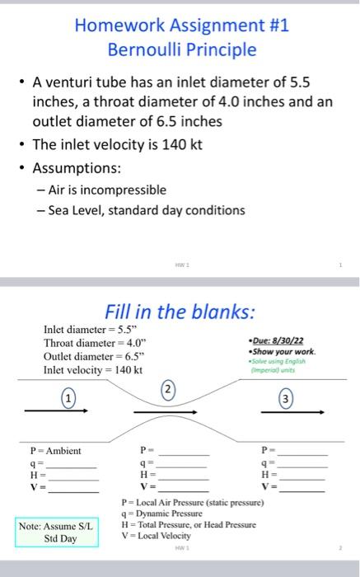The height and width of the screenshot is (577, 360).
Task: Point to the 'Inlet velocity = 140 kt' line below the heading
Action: [92, 370]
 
